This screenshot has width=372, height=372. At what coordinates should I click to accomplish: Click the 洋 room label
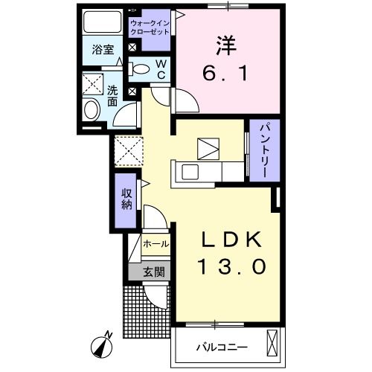tap(226, 44)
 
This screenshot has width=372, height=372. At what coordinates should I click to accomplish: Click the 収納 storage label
tap(126, 193)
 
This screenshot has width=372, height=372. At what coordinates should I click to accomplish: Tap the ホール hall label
tap(155, 243)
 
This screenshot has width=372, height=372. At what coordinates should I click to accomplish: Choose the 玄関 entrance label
tap(149, 272)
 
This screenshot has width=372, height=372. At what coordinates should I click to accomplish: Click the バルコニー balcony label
tap(221, 347)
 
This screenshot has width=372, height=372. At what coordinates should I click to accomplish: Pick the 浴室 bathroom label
tap(103, 51)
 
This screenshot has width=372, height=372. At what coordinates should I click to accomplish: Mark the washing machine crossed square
tap(93, 83)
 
